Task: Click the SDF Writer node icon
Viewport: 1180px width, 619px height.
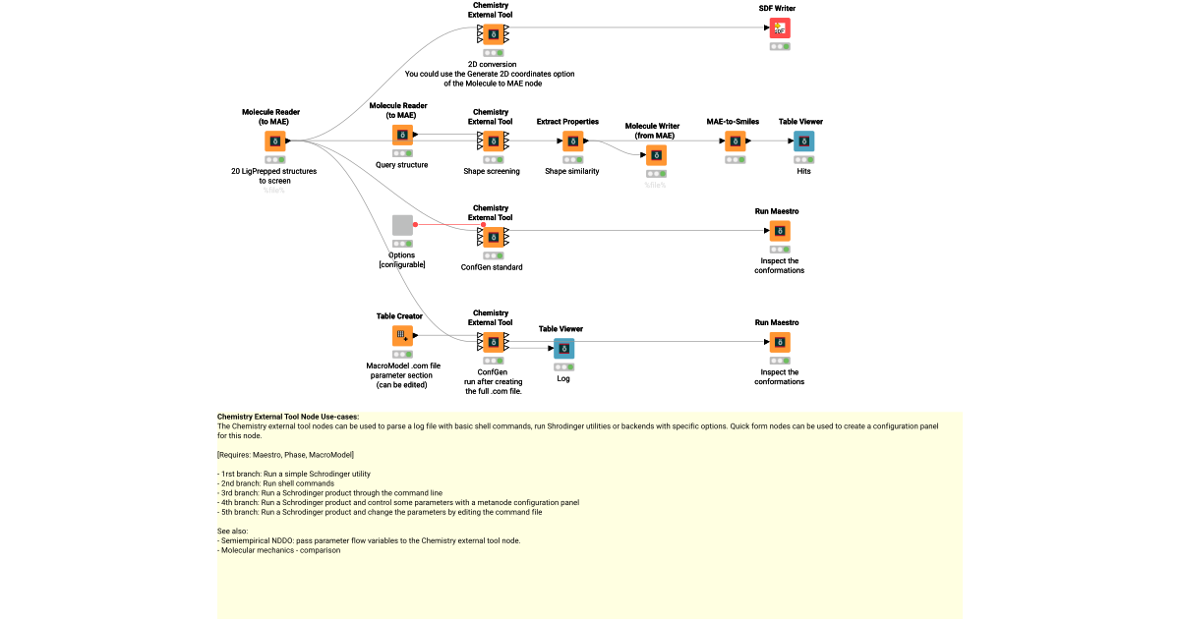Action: tap(780, 28)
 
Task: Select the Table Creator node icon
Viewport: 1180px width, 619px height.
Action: tap(402, 336)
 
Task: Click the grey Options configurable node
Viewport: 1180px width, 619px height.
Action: tap(402, 225)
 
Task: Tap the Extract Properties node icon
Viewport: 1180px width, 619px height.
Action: tap(572, 141)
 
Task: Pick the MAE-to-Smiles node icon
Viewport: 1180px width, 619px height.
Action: tap(736, 141)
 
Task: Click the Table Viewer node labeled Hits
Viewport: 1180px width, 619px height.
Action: tap(804, 141)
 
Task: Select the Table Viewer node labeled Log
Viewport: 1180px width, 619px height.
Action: tap(563, 348)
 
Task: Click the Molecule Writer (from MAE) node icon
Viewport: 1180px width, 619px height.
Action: tap(656, 155)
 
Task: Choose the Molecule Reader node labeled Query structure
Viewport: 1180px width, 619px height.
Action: tap(402, 136)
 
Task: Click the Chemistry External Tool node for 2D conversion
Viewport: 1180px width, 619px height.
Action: tap(492, 35)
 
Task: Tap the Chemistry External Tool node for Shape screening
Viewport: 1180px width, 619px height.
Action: tap(492, 141)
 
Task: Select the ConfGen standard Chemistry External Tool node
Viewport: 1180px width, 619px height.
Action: tap(492, 238)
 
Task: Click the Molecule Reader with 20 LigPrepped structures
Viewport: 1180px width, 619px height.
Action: tap(274, 141)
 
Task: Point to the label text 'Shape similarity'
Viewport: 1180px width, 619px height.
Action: tap(572, 171)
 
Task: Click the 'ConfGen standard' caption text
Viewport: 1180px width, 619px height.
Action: tap(492, 267)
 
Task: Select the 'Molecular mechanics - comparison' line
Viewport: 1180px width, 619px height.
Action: tap(279, 550)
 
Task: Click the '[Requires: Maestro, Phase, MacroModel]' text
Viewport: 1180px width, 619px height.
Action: tap(285, 455)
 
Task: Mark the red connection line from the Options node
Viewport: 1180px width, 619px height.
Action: tap(448, 224)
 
